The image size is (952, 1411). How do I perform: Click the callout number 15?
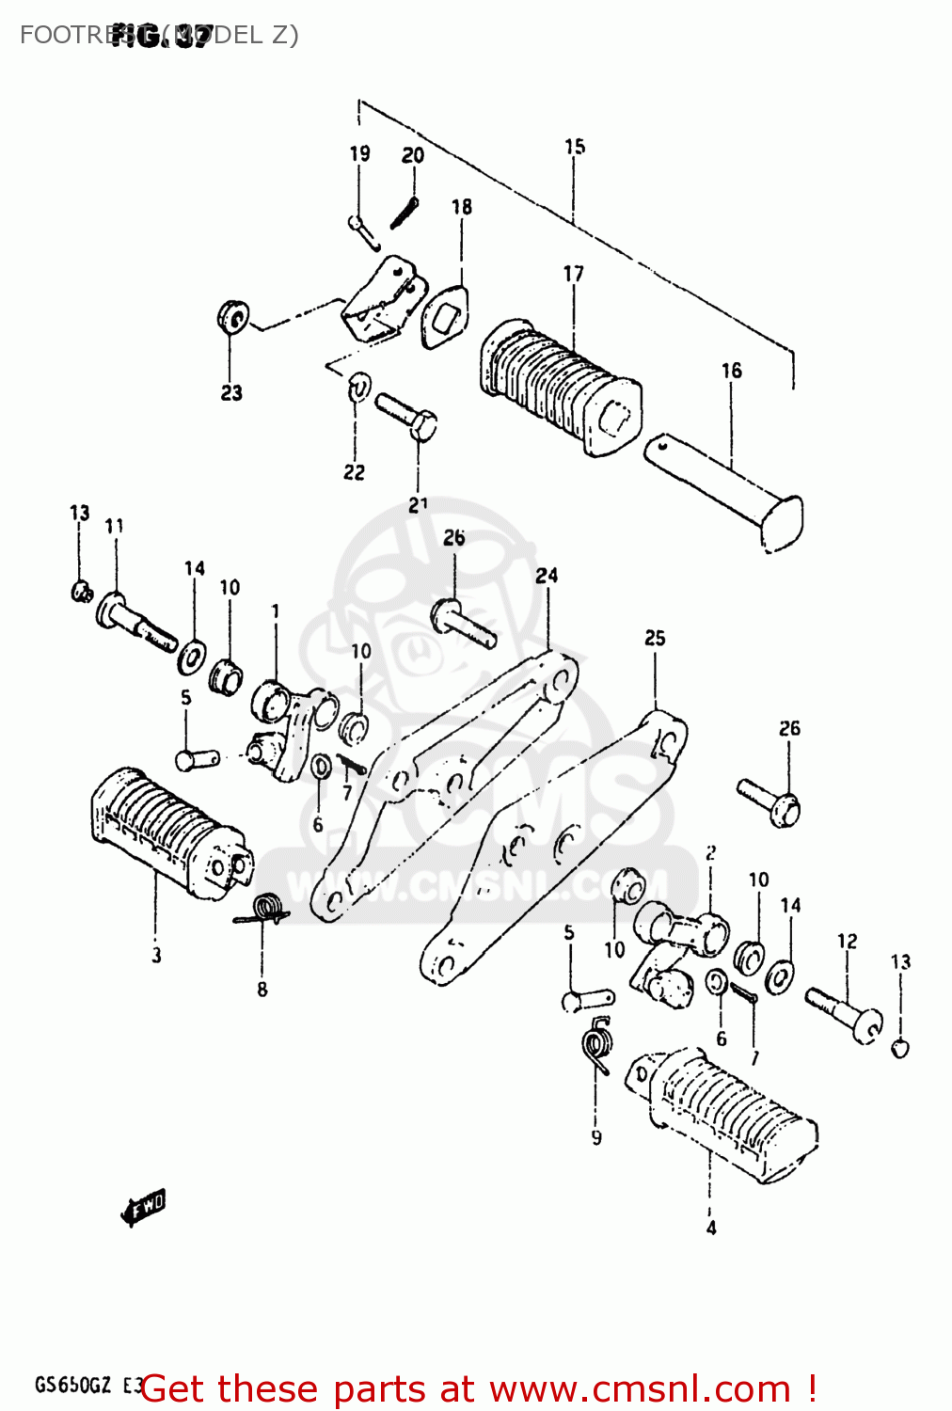(x=575, y=147)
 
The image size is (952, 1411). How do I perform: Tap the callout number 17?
(x=573, y=274)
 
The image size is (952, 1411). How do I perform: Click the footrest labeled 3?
(x=169, y=833)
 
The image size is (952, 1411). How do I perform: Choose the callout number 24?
(x=547, y=575)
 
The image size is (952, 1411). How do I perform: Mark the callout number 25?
(x=655, y=638)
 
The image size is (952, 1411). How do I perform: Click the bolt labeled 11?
(x=135, y=622)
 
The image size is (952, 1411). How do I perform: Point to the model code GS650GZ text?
(x=73, y=1385)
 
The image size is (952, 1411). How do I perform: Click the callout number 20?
(x=413, y=155)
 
